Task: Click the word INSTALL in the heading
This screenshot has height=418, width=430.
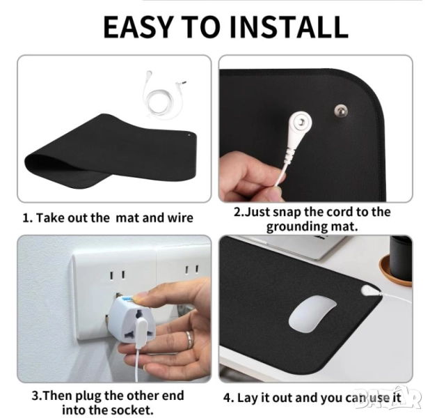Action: pos(289,26)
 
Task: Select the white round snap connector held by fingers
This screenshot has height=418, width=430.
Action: pos(300,122)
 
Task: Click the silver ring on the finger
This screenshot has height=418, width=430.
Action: pos(189,339)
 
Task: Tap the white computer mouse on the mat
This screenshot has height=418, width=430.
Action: pos(312,314)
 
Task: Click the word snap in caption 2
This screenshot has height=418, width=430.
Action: pos(286,212)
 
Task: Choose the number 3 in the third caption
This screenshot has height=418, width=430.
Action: pos(35,396)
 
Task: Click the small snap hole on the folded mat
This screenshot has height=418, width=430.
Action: pos(189,135)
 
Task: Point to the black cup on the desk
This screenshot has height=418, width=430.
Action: pos(401,257)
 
